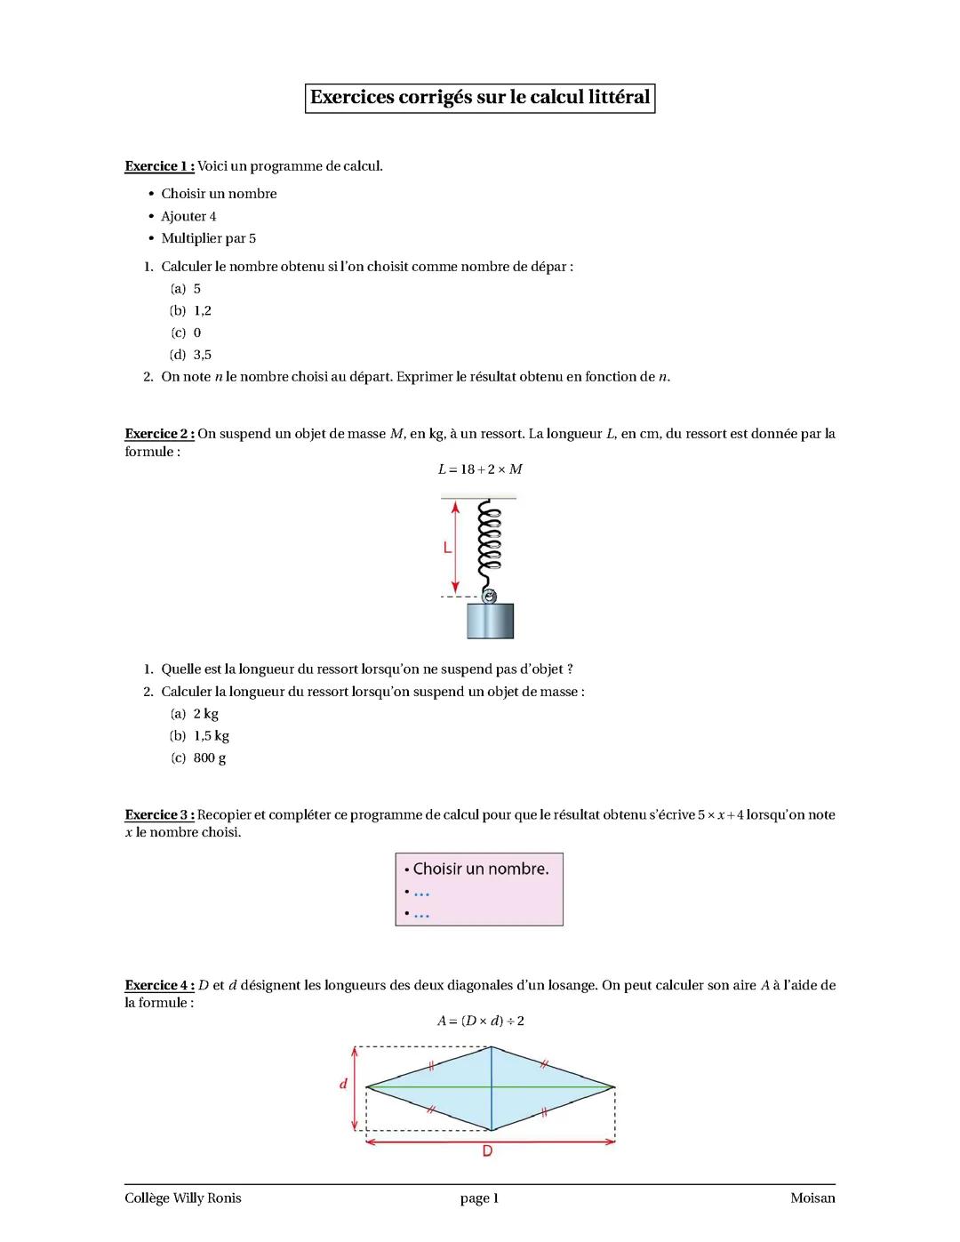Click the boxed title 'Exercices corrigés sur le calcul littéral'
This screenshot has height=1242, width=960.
click(480, 98)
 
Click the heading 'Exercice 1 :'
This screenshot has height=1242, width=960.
click(159, 166)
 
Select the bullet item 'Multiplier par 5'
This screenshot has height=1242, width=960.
click(208, 238)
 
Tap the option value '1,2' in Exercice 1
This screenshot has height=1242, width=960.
click(203, 310)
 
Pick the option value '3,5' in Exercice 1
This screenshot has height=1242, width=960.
click(203, 355)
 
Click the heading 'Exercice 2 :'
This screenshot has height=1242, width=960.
click(159, 434)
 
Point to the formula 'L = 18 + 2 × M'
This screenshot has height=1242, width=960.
click(480, 469)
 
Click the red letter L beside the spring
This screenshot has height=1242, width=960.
click(448, 549)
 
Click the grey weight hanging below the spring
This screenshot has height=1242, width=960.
click(491, 621)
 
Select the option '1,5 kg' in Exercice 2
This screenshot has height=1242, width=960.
click(212, 736)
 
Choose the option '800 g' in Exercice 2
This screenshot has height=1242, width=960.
click(210, 758)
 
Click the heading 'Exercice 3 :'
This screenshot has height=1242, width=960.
click(159, 815)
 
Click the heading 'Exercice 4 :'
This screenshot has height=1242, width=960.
click(159, 985)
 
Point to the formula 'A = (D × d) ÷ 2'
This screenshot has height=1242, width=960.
click(480, 1021)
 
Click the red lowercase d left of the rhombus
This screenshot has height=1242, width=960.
click(343, 1085)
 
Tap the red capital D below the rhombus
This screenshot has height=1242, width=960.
click(487, 1151)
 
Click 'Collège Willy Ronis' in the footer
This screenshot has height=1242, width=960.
click(183, 1198)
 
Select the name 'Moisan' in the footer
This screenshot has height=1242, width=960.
click(812, 1198)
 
